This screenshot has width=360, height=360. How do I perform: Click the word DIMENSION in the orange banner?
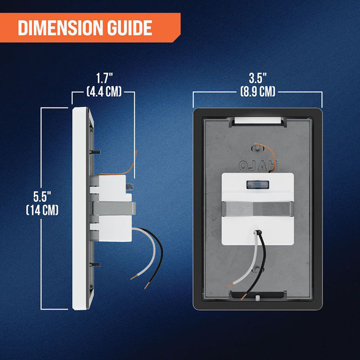coord(60,28)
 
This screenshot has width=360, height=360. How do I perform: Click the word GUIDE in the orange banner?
coord(130,28)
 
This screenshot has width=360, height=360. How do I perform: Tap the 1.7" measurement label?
coord(104,78)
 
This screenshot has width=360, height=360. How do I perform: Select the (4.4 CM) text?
coord(104,92)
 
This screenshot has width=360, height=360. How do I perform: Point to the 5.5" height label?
coord(42,196)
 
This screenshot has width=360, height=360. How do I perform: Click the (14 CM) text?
coord(42,210)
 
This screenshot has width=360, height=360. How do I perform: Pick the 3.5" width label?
coord(258,78)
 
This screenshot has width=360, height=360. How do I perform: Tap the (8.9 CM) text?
coord(258,92)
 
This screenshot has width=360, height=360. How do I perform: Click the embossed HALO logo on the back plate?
coord(258,165)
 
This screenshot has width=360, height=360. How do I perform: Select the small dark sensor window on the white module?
coord(258,185)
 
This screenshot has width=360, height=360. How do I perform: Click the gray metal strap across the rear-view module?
coord(258,209)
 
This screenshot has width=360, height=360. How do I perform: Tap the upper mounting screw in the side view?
coord(95,152)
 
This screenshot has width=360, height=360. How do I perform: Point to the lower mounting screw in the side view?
coord(95,265)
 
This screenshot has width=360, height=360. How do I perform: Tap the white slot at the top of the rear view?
coord(258,120)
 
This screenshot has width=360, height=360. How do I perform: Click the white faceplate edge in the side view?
coord(79,208)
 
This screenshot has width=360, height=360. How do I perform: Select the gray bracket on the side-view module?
coord(114,208)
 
